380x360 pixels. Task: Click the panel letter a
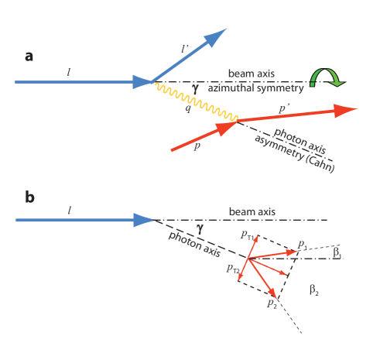29,57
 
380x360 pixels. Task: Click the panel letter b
29,197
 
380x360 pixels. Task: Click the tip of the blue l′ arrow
225,29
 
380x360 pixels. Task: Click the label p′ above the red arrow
285,111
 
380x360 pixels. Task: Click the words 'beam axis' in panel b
252,211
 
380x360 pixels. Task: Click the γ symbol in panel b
200,228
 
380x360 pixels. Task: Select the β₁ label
337,251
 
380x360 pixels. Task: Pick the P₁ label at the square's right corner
303,245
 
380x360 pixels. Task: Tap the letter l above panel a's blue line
69,71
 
